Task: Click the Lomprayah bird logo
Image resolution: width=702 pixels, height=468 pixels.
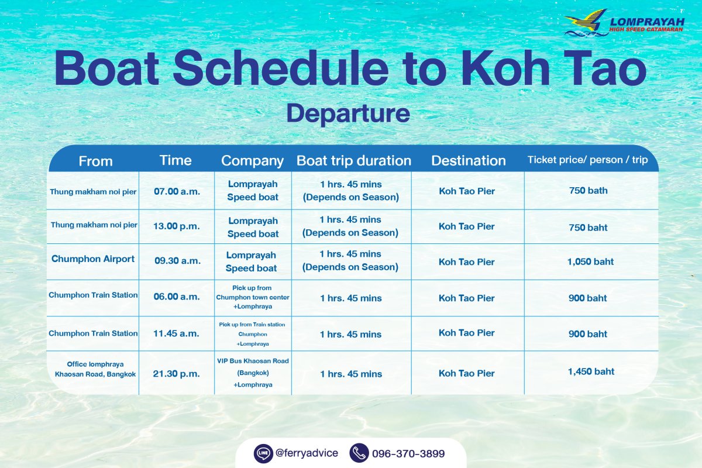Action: pyautogui.click(x=586, y=23)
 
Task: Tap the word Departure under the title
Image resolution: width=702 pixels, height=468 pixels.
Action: pyautogui.click(x=348, y=113)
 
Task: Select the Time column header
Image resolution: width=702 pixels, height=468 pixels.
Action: pyautogui.click(x=175, y=160)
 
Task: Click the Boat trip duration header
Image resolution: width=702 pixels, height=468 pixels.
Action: pyautogui.click(x=354, y=160)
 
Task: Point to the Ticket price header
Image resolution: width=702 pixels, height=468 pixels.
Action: pyautogui.click(x=587, y=160)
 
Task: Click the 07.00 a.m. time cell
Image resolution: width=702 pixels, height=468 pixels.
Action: pyautogui.click(x=177, y=191)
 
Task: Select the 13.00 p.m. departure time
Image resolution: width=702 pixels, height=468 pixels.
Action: pyautogui.click(x=177, y=226)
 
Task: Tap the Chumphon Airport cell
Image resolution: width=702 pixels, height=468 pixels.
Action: pyautogui.click(x=93, y=259)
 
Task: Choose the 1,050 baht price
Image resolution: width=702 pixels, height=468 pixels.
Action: pyautogui.click(x=590, y=261)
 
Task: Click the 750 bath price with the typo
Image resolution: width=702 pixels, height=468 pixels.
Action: pyautogui.click(x=589, y=191)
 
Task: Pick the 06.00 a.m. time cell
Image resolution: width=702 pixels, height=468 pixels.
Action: pyautogui.click(x=177, y=297)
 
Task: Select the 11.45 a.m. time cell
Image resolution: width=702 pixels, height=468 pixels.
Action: pyautogui.click(x=176, y=333)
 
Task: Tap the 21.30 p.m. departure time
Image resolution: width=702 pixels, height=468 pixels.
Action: pyautogui.click(x=176, y=374)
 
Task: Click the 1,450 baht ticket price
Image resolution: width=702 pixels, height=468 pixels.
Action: pyautogui.click(x=591, y=371)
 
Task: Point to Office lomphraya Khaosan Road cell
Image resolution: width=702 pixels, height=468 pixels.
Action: pyautogui.click(x=95, y=369)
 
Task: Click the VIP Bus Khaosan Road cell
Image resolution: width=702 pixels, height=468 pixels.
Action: pyautogui.click(x=253, y=373)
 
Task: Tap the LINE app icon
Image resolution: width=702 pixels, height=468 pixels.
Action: pyautogui.click(x=263, y=453)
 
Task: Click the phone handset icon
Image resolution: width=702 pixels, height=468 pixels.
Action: pyautogui.click(x=359, y=453)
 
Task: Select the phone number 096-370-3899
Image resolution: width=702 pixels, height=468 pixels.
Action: pyautogui.click(x=408, y=453)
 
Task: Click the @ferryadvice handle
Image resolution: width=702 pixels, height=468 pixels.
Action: pyautogui.click(x=307, y=453)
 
